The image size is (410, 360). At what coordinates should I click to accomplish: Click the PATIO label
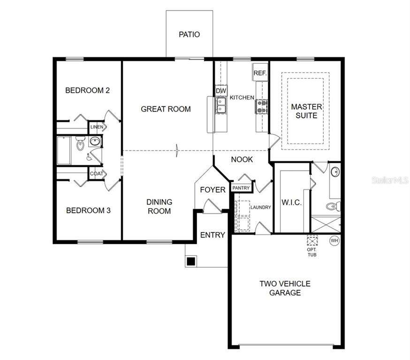(x=190, y=35)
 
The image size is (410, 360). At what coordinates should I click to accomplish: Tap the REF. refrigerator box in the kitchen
(x=260, y=72)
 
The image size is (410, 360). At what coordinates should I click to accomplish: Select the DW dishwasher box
(x=221, y=91)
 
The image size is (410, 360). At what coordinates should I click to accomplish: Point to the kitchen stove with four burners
(x=261, y=106)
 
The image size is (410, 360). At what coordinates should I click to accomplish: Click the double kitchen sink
(x=221, y=105)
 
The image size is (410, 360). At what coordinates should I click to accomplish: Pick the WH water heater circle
(x=334, y=240)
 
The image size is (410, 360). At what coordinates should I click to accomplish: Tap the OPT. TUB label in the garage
(x=311, y=252)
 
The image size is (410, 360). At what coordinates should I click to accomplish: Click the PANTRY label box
(x=241, y=188)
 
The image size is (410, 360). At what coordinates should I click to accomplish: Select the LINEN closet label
(x=97, y=127)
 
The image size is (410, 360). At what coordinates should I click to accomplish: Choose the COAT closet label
(x=97, y=174)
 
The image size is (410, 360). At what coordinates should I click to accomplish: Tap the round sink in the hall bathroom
(x=95, y=142)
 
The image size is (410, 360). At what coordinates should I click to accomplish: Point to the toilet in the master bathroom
(x=334, y=206)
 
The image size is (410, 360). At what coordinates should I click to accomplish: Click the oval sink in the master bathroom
(x=335, y=172)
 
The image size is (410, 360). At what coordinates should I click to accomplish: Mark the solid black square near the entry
(x=191, y=261)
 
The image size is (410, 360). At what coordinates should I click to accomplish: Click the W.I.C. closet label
(x=291, y=202)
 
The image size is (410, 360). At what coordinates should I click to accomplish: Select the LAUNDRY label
(x=261, y=207)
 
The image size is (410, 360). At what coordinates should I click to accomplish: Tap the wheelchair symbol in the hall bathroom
(x=89, y=157)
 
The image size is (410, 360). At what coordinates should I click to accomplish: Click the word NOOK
(x=242, y=159)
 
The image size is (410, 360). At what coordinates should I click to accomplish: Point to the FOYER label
(x=213, y=190)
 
